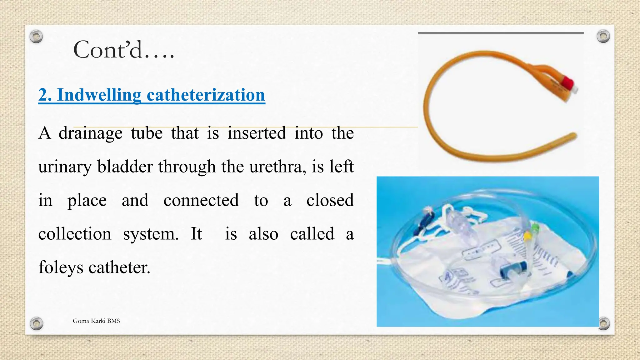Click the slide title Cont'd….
pyautogui.click(x=123, y=50)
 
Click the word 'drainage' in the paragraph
pyautogui.click(x=90, y=133)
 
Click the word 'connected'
pyautogui.click(x=201, y=200)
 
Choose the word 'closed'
pyautogui.click(x=330, y=200)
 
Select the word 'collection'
pyautogui.click(x=75, y=234)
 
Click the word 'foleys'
pyautogui.click(x=61, y=268)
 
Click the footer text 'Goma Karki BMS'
pyautogui.click(x=96, y=321)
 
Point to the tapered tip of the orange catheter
pyautogui.click(x=573, y=136)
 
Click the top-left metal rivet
pyautogui.click(x=36, y=37)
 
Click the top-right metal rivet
pyautogui.click(x=603, y=36)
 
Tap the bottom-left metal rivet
pyautogui.click(x=36, y=323)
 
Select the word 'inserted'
pyautogui.click(x=257, y=133)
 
